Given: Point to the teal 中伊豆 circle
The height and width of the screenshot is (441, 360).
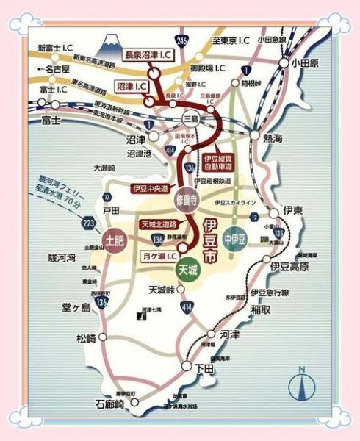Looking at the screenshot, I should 234,239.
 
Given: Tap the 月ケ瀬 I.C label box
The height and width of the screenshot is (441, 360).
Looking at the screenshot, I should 158,256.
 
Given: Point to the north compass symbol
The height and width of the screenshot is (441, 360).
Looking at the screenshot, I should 300,384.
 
